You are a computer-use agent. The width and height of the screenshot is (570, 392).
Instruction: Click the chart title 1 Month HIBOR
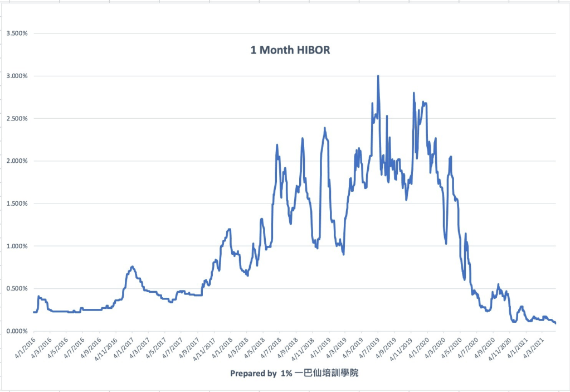[x=290, y=50]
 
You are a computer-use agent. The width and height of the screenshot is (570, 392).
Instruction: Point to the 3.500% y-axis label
[x=17, y=33]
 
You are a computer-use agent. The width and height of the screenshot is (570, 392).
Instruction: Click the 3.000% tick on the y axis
[x=17, y=76]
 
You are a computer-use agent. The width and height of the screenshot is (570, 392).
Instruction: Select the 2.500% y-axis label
[x=17, y=118]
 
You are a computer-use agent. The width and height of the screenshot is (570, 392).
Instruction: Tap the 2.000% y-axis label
[x=17, y=161]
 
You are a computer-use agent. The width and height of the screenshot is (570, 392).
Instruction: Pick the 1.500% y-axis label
[x=17, y=204]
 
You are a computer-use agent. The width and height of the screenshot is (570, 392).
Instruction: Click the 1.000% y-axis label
[x=17, y=246]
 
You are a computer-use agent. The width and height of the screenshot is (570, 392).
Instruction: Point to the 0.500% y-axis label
[x=17, y=288]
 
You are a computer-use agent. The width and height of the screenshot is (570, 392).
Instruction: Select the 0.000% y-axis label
[x=17, y=331]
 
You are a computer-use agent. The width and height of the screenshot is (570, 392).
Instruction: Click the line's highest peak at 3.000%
[x=378, y=76]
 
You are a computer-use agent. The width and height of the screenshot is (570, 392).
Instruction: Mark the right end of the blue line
[x=556, y=323]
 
